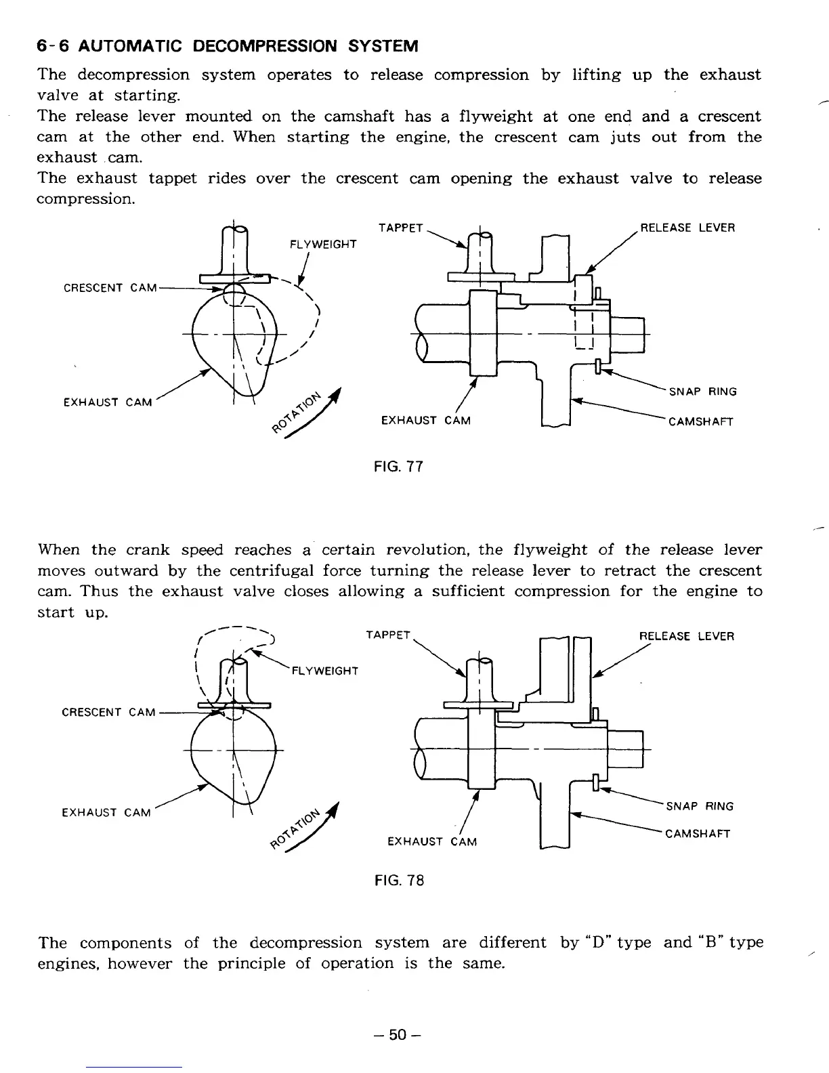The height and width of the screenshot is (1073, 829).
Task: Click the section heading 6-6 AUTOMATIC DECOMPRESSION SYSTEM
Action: coord(228,46)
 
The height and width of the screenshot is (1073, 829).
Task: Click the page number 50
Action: coord(400,1034)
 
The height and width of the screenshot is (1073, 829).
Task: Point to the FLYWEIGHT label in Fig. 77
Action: coord(323,244)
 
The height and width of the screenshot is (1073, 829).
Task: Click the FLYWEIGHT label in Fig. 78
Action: coord(324,671)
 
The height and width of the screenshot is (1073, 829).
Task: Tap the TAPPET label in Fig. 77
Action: coord(401,228)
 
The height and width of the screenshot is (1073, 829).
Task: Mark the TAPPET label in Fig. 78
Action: coord(388,635)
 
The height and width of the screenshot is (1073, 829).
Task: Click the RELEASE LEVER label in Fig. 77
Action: coord(687,228)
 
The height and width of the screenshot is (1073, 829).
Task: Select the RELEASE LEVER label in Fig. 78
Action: coord(687,636)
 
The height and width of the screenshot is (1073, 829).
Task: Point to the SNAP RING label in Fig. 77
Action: coord(702,392)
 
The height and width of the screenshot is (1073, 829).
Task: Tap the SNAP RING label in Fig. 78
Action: coord(700,806)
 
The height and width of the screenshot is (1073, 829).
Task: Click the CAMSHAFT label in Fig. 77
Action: coord(700,422)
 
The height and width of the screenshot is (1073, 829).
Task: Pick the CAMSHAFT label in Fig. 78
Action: coord(698,833)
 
